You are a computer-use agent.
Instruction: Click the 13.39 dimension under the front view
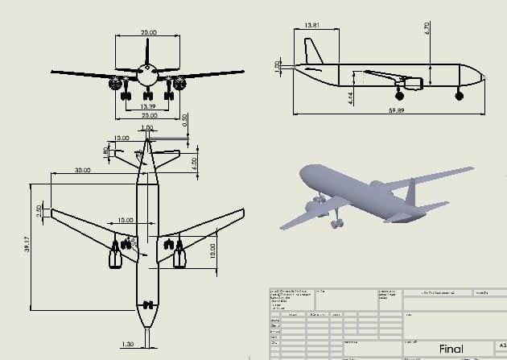[147, 106]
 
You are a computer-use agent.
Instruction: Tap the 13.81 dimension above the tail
[311, 26]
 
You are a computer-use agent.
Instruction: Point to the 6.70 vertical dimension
[427, 27]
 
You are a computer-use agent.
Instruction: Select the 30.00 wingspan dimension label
[82, 171]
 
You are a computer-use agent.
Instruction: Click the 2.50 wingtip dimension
[39, 210]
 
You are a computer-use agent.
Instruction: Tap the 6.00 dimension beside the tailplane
[194, 161]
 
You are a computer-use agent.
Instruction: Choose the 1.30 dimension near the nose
[126, 344]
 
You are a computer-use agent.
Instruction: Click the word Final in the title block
[451, 349]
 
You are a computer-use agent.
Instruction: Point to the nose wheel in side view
[460, 96]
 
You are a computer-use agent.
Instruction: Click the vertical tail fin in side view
[315, 52]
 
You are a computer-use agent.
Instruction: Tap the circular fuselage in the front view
[147, 77]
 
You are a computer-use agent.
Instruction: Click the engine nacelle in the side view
[413, 82]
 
